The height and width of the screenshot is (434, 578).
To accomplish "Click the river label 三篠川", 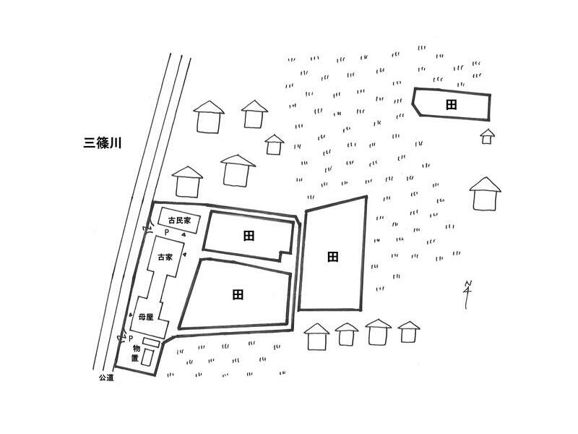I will click(x=101, y=143).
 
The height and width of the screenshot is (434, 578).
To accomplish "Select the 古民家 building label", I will click(x=178, y=220).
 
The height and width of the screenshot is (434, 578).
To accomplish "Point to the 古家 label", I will click(x=165, y=257).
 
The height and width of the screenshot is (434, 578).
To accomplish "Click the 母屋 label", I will click(x=147, y=316).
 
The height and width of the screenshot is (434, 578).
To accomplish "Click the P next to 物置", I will click(x=131, y=338).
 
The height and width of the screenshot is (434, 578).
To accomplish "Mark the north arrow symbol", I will click(x=468, y=293).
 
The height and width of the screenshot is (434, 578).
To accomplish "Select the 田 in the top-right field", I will click(x=451, y=105).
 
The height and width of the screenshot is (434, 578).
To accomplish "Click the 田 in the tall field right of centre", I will click(x=332, y=257).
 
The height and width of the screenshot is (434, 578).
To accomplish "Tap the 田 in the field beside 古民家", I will click(x=249, y=235).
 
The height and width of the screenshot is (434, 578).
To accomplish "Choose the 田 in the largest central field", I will click(x=237, y=294).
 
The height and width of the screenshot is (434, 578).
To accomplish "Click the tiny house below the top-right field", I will click(x=488, y=136).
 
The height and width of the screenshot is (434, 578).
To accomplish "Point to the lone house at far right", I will click(x=485, y=193).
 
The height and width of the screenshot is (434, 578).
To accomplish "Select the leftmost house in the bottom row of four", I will click(x=316, y=336).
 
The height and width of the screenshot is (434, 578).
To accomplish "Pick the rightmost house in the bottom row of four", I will click(x=408, y=332).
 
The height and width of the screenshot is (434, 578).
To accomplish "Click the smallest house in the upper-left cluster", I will click(x=274, y=144).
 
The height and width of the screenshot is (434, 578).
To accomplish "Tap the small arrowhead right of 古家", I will click(x=185, y=255).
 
